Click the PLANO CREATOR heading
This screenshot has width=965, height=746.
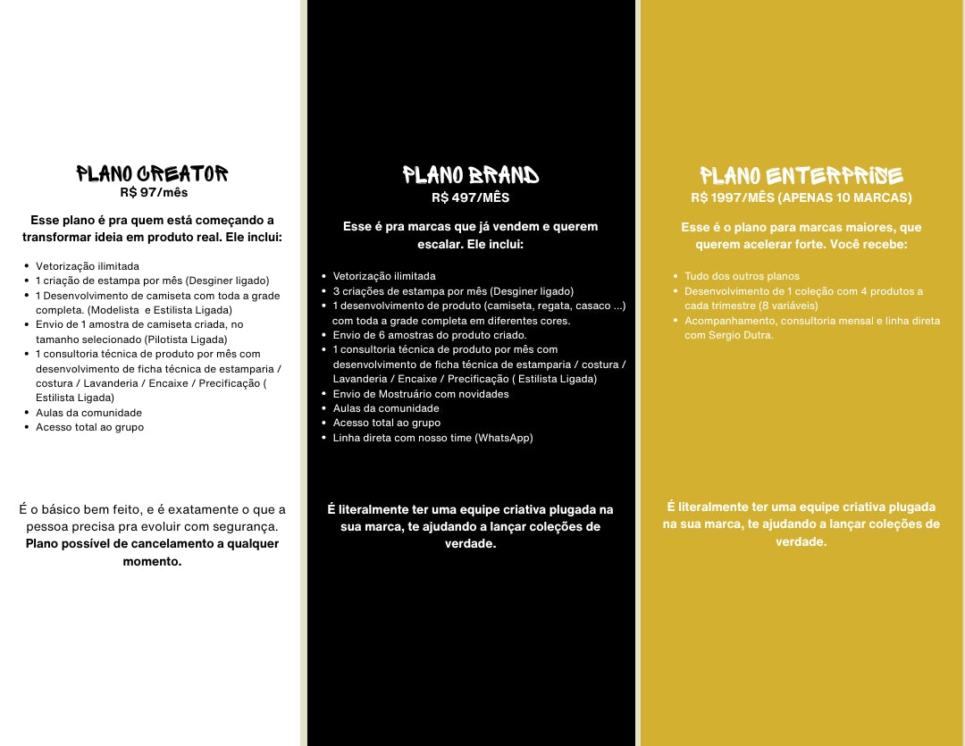[152, 173]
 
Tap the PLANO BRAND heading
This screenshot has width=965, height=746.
[471, 174]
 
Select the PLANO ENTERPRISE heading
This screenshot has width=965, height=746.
[801, 175]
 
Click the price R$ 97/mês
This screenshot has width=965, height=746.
[154, 192]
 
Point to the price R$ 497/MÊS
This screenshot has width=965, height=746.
[470, 197]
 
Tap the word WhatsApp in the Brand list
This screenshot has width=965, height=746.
[504, 438]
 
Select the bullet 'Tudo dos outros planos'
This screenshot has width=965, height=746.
[742, 277]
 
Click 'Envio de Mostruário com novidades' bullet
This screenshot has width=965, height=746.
[421, 394]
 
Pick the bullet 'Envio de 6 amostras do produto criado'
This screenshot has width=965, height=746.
[430, 335]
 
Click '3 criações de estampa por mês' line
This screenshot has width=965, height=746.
[453, 291]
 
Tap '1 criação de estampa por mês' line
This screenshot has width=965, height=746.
[152, 281]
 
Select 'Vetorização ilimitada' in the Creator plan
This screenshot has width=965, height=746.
[88, 266]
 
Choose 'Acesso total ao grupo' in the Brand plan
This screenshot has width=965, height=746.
[387, 423]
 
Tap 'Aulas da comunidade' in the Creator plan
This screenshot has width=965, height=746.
[88, 413]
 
